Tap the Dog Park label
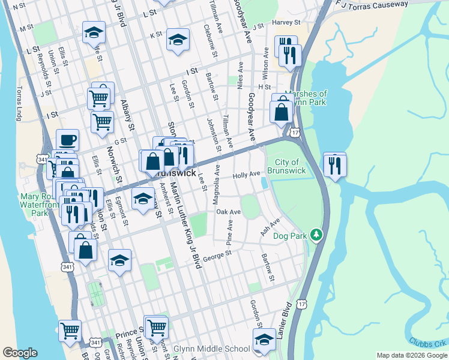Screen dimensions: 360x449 coord(290,236)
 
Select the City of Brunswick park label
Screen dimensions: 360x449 coord(291,166)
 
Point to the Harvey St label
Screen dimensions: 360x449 coord(286,22)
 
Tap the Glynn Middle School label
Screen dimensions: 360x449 coord(211,349)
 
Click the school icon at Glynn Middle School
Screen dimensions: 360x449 coord(264,340)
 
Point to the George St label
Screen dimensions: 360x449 coord(217,256)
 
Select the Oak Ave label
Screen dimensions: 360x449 coord(228,212)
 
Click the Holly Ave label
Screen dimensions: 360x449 coord(246,175)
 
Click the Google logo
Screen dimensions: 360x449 coord(20,353)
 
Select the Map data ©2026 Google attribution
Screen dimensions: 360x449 coord(411,355)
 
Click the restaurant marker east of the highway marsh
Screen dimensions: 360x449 coord(334,164)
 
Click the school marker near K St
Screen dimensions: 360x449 coord(177,40)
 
